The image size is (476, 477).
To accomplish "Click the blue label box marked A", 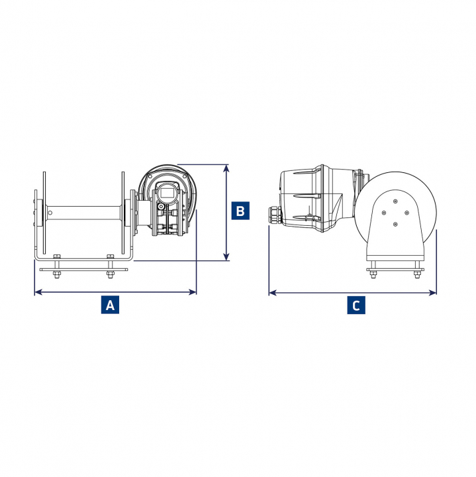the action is (110, 305).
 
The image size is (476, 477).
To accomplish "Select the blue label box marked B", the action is (240, 211).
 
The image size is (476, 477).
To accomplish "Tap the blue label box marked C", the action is (356, 305).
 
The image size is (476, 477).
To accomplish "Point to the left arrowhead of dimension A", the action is (38, 292).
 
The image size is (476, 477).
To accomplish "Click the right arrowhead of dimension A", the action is (193, 292).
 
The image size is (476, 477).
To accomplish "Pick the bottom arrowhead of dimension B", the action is (226, 256).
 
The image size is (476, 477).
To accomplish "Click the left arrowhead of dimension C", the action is (273, 293).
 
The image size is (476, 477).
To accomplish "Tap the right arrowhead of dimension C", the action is (432, 293).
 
